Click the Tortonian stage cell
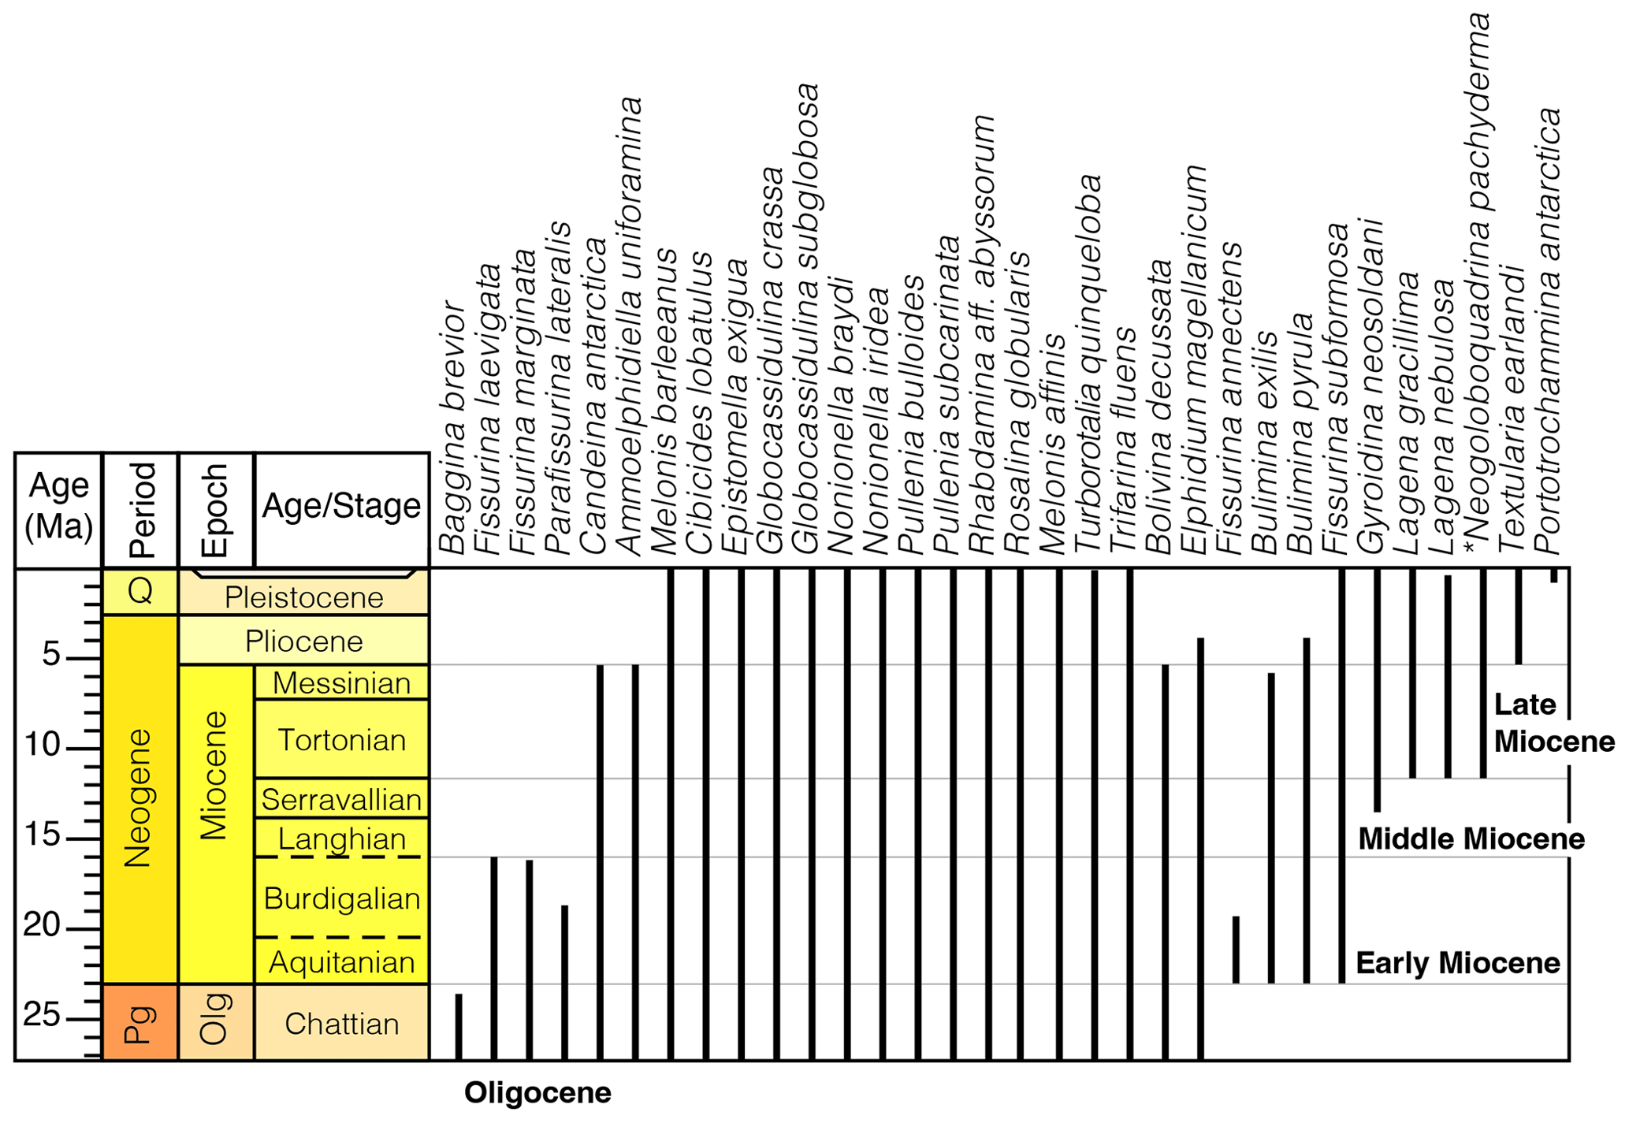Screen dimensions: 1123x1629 pos(341,739)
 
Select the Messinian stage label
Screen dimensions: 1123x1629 pos(341,682)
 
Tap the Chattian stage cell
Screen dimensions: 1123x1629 pos(341,1023)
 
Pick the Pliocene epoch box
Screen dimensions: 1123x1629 pos(303,641)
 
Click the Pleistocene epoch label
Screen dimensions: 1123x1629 pos(303,597)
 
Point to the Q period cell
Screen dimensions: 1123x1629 pos(140,591)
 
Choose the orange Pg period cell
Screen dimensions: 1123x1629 pos(140,1022)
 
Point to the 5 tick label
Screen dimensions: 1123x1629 pos(51,654)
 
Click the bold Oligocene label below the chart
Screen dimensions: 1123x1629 pos(537,1092)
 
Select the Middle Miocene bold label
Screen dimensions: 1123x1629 pos(1471,839)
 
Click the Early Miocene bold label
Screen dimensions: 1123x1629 pos(1458,962)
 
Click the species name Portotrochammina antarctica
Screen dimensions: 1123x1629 pos(1547,331)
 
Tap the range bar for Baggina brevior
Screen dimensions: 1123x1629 pos(459,1027)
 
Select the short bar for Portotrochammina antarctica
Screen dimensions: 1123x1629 pos(1554,576)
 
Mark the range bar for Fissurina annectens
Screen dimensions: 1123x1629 pos(1236,950)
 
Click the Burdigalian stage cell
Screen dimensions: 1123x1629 pos(341,898)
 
